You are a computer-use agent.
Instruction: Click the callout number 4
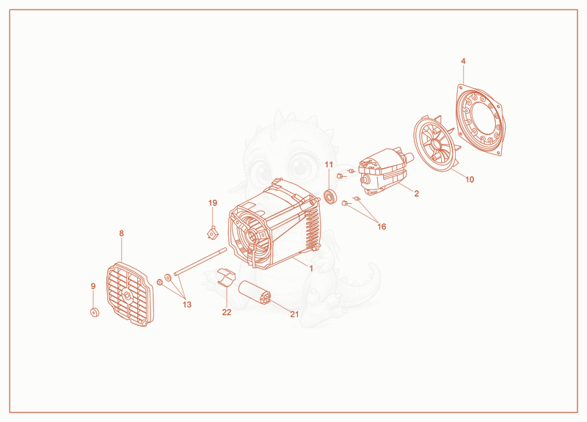[x=463, y=61]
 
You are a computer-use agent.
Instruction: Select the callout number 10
[x=470, y=179]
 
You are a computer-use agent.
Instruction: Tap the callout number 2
[x=416, y=193]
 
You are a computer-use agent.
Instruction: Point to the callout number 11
[x=329, y=164]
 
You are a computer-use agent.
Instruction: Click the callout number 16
[x=382, y=227]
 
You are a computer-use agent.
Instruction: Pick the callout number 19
[x=213, y=203]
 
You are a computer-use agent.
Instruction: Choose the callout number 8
[x=121, y=233]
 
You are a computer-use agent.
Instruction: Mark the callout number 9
[x=93, y=286]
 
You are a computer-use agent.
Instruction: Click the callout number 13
[x=187, y=305]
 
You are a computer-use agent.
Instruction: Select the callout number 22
[x=227, y=312]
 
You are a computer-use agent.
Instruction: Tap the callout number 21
[x=295, y=314]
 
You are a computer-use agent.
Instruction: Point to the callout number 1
[x=310, y=268]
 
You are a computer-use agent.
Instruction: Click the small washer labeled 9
[x=95, y=313]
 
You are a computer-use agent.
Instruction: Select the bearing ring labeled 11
[x=329, y=197]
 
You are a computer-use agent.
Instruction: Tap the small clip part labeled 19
[x=213, y=233]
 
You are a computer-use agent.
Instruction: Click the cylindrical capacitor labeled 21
[x=254, y=292]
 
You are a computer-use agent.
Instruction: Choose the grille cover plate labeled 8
[x=130, y=294]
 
